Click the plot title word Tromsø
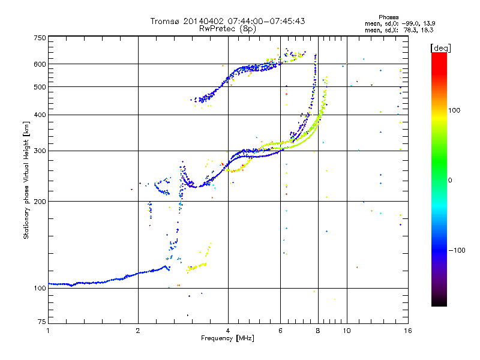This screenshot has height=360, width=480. click(x=166, y=21)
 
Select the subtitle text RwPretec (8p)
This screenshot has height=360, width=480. click(x=227, y=29)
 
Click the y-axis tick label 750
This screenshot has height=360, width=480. click(x=40, y=38)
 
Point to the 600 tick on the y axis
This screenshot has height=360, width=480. click(x=40, y=64)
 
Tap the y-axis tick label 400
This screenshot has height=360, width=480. click(x=40, y=115)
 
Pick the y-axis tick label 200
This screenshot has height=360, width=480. click(x=40, y=202)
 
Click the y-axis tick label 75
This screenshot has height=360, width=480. click(x=42, y=322)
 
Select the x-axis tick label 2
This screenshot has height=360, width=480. click(x=138, y=331)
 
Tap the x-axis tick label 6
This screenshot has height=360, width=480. click(x=280, y=331)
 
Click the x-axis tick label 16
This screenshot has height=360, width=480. click(x=408, y=331)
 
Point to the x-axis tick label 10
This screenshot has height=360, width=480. click(x=347, y=331)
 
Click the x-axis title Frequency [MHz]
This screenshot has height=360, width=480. click(x=227, y=338)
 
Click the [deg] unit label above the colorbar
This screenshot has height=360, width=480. click(x=440, y=48)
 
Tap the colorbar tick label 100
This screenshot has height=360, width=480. click(x=454, y=110)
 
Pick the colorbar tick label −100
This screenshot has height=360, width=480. click(x=457, y=250)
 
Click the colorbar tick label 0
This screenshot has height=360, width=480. click(x=450, y=181)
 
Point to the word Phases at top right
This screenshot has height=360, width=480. click(x=388, y=17)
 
